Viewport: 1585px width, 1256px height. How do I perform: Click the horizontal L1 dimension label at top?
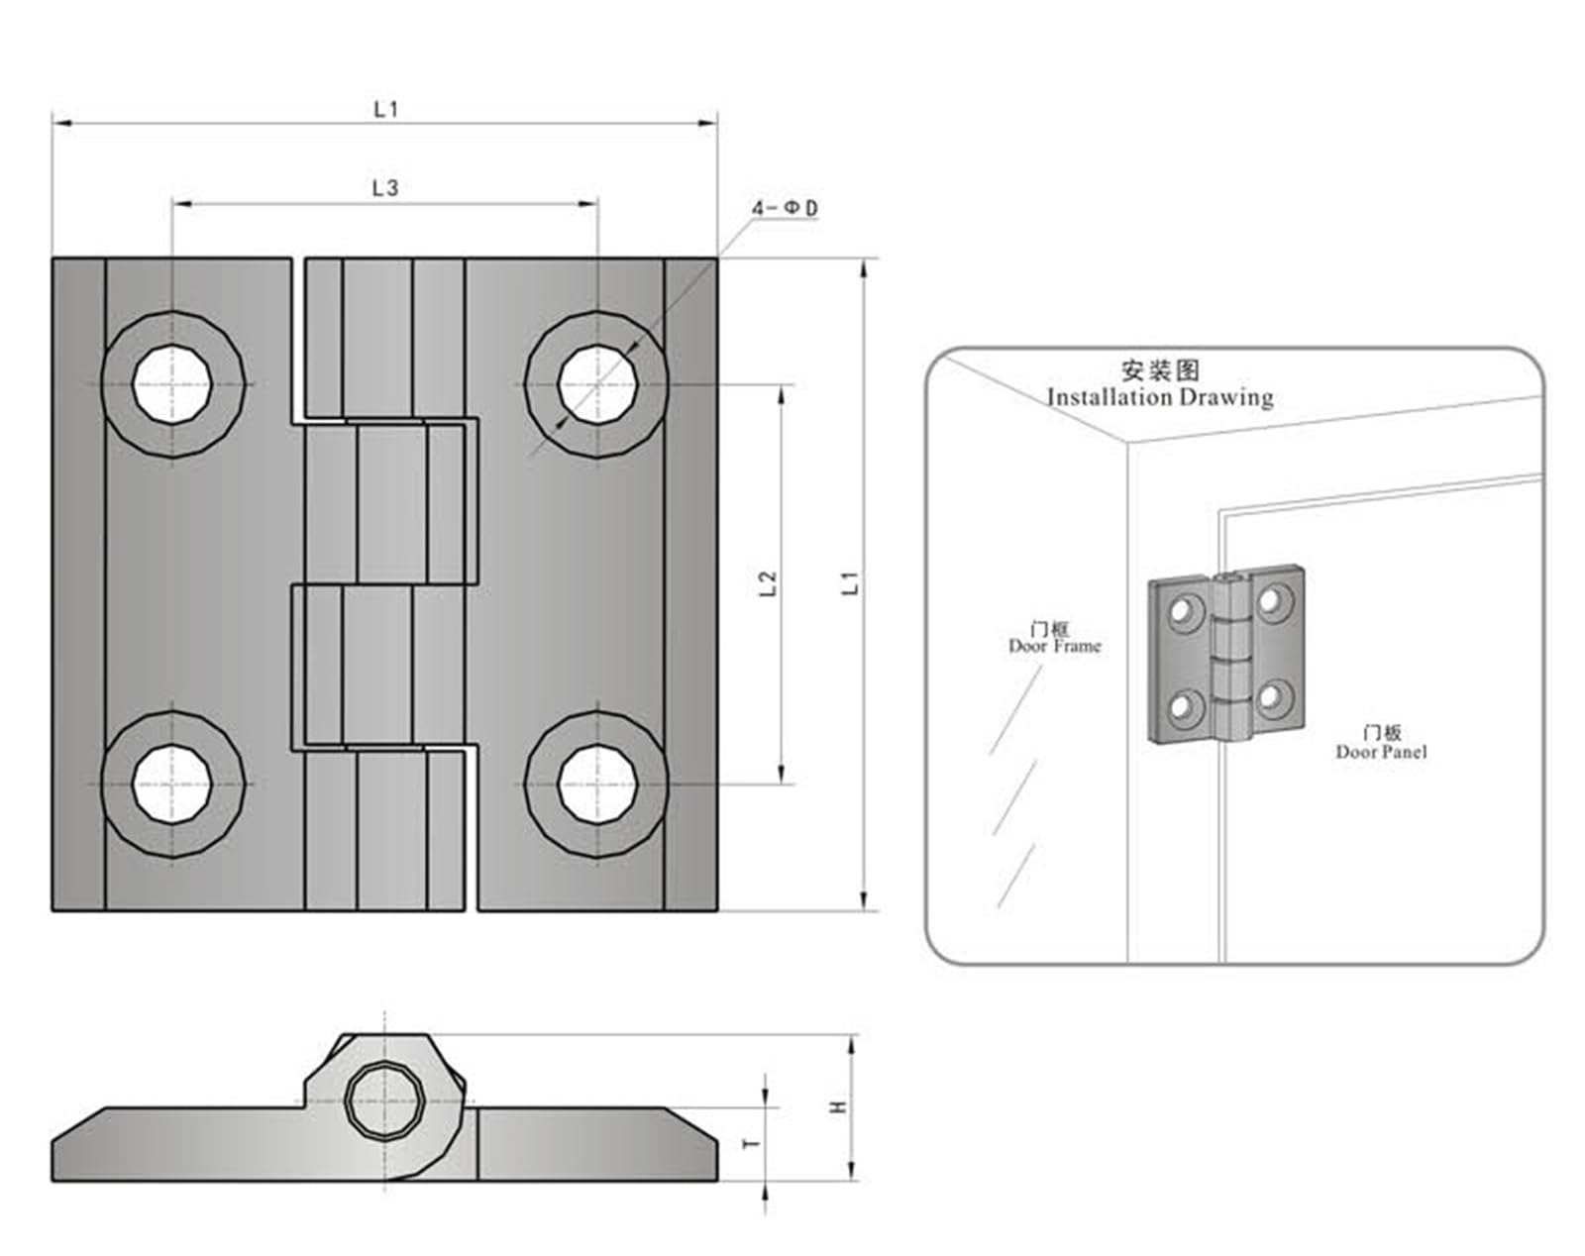(385, 109)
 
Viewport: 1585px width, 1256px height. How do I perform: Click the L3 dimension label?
(385, 187)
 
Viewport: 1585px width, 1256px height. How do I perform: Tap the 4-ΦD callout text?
(785, 208)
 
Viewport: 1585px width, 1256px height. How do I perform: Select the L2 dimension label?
(768, 583)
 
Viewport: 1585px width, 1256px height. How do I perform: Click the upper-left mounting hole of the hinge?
(173, 383)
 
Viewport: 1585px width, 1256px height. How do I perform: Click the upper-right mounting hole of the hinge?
(597, 383)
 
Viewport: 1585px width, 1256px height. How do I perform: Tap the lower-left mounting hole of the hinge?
(173, 784)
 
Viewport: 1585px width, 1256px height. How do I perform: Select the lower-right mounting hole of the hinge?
(597, 784)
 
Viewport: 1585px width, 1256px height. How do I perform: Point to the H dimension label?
(839, 1105)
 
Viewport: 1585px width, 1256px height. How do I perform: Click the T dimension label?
(752, 1143)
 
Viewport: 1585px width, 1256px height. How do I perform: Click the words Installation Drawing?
(1160, 397)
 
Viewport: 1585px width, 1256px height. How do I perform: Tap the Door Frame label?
(1054, 646)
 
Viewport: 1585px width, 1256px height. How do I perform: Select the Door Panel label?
(1381, 751)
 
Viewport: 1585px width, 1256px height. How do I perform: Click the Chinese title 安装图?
(1160, 370)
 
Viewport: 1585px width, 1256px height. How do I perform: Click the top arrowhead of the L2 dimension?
(782, 392)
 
